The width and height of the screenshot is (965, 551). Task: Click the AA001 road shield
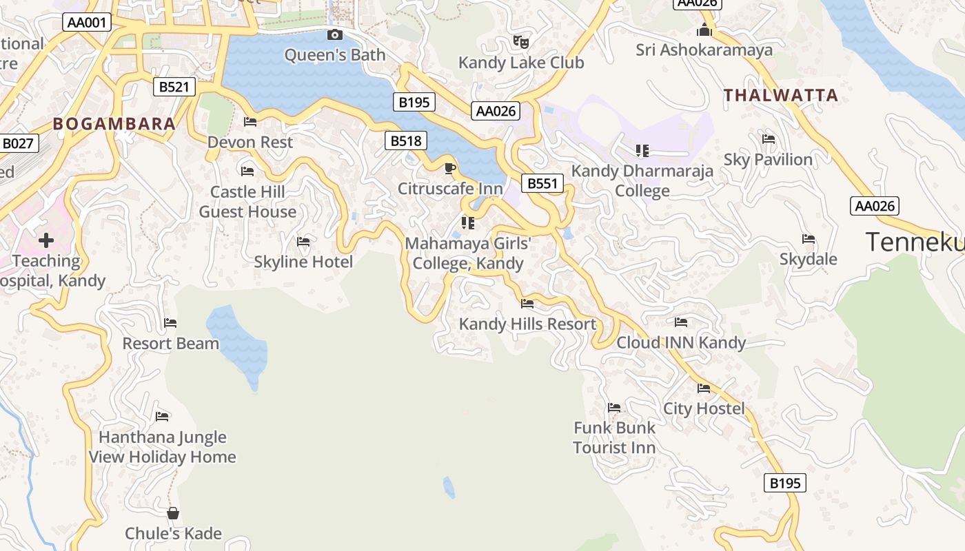(88, 23)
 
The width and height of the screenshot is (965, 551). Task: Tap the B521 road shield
(174, 87)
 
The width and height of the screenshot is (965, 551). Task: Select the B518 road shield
(406, 141)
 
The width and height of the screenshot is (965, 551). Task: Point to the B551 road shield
(542, 183)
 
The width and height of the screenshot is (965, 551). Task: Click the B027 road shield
(17, 143)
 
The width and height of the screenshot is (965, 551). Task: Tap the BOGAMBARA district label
(114, 124)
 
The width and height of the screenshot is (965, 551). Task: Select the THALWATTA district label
(781, 95)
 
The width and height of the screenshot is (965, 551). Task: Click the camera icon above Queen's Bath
(334, 35)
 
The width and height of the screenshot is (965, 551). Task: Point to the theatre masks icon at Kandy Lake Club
(521, 42)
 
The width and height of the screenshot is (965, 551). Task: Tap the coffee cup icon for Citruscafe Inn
(449, 168)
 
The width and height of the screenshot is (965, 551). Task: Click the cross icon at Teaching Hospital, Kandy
(46, 240)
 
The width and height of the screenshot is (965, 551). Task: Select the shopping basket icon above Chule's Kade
(173, 513)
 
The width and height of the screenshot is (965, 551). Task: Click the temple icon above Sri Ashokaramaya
(704, 30)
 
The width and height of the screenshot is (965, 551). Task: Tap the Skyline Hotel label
(303, 262)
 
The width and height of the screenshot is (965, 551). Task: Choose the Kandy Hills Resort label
(527, 324)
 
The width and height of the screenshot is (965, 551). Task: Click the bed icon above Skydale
(809, 239)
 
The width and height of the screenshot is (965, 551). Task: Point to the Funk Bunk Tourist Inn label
(614, 437)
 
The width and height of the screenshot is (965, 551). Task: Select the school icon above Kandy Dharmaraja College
(642, 150)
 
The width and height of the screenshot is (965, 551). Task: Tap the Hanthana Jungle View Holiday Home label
(163, 447)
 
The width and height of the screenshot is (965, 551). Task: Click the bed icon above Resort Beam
(170, 322)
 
